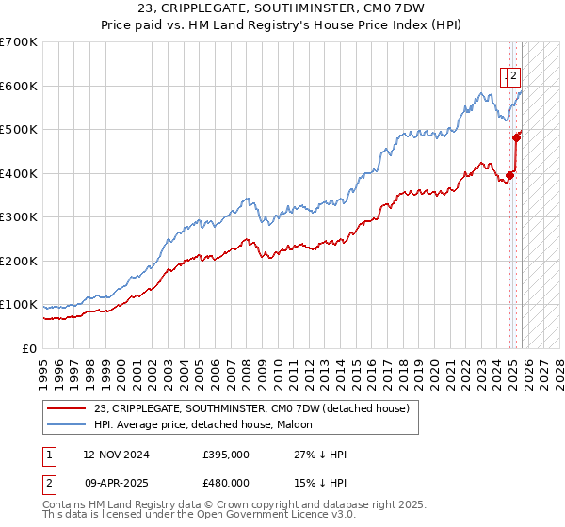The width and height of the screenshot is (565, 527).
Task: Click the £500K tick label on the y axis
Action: tap(19, 129)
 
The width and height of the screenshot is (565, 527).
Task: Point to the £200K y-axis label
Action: tap(19, 261)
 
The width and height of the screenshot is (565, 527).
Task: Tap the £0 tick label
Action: tap(28, 348)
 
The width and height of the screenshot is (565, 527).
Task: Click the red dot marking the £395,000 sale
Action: tap(510, 174)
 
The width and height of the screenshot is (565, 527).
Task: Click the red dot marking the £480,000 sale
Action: tap(516, 137)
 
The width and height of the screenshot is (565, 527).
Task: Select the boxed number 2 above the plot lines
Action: tap(516, 78)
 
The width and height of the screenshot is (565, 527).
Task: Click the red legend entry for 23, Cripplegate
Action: tap(251, 408)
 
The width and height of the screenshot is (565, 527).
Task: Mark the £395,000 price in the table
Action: tap(225, 455)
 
